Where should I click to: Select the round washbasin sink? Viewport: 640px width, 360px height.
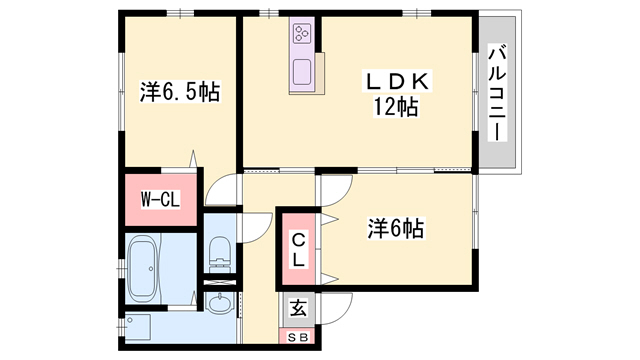[220, 304]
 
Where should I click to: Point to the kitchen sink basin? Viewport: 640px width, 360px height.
[302, 72]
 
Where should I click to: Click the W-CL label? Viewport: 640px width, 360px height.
[159, 199]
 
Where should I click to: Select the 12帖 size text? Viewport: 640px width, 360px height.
[394, 106]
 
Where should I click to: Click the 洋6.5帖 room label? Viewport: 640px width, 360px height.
[179, 93]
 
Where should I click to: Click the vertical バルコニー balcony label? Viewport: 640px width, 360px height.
[496, 93]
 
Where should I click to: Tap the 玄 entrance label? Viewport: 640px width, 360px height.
[298, 309]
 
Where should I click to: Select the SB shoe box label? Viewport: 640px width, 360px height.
[298, 336]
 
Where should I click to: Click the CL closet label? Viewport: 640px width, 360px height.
[298, 248]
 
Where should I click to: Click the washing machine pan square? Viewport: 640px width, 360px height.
[138, 326]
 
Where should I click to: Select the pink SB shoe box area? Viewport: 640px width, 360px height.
[298, 336]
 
